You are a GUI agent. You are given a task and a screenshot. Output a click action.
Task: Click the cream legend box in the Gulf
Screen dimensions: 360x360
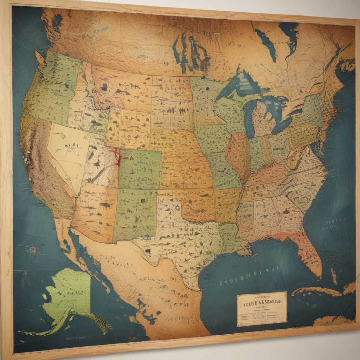[x=262, y=309]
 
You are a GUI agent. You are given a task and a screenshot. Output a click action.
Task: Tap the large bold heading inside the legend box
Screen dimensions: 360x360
[x=261, y=302]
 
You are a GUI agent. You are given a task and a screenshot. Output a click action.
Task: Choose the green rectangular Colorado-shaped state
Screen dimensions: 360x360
[x=141, y=169]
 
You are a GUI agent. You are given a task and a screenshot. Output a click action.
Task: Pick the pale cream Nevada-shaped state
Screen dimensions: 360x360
[x=69, y=151]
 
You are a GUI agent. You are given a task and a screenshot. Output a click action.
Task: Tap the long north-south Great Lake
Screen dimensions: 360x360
[x=250, y=120]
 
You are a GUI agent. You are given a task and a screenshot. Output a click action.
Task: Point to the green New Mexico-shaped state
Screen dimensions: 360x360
[x=135, y=214]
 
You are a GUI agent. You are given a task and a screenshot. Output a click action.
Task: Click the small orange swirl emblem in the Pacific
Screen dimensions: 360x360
[x=32, y=250]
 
